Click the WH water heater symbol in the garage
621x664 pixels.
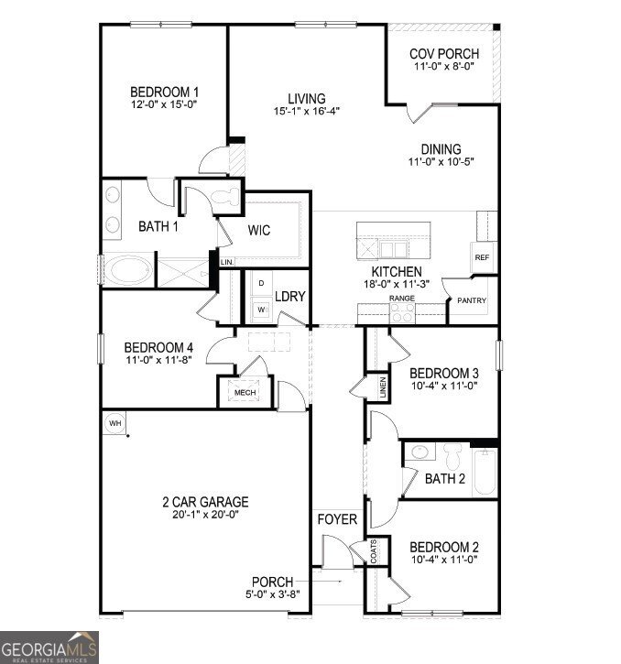pyautogui.click(x=114, y=423)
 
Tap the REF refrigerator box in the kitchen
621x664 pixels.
pyautogui.click(x=483, y=257)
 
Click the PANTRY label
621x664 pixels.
pyautogui.click(x=472, y=300)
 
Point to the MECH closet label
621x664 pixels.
pyautogui.click(x=245, y=393)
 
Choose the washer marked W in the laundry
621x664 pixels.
pyautogui.click(x=261, y=310)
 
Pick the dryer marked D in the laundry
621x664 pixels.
pyautogui.click(x=261, y=283)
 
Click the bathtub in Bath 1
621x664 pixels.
pyautogui.click(x=128, y=270)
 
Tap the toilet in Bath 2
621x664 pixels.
pyautogui.click(x=452, y=456)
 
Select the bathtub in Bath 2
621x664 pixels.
pyautogui.click(x=485, y=473)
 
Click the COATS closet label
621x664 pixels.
pyautogui.click(x=373, y=551)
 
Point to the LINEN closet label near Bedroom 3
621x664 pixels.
pyautogui.click(x=383, y=387)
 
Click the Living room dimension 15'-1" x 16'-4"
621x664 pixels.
pyautogui.click(x=307, y=111)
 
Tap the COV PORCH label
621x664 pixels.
pyautogui.click(x=444, y=54)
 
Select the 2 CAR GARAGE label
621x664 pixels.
pyautogui.click(x=205, y=502)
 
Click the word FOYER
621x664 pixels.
pyautogui.click(x=337, y=519)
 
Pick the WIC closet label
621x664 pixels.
pyautogui.click(x=259, y=230)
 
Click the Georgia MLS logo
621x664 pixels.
pyautogui.click(x=49, y=648)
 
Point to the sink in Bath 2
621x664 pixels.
pyautogui.click(x=419, y=452)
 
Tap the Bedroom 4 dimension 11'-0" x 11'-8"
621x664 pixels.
pyautogui.click(x=158, y=360)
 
